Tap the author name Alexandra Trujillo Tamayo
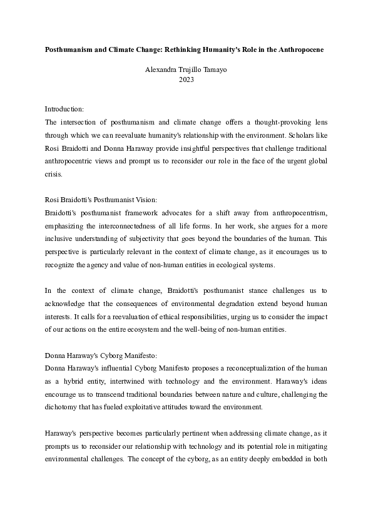(186, 70)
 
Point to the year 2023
(186, 79)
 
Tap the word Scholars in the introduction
(312, 135)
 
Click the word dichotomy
(64, 402)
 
